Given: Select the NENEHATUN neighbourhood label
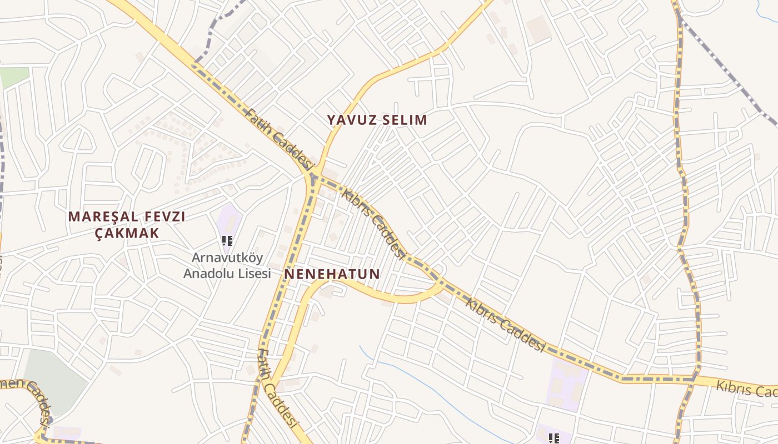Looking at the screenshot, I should (x=332, y=274).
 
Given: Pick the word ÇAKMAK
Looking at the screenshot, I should (x=127, y=233).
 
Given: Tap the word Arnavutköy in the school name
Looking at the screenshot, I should (x=227, y=258).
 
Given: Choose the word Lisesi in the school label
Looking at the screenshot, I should (x=252, y=273).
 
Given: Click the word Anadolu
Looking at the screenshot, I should (x=206, y=273).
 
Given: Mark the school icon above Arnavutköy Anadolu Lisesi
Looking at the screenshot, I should (x=227, y=241).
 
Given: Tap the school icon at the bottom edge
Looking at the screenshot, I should (x=553, y=439).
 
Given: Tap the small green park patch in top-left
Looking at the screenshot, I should (x=14, y=77).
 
